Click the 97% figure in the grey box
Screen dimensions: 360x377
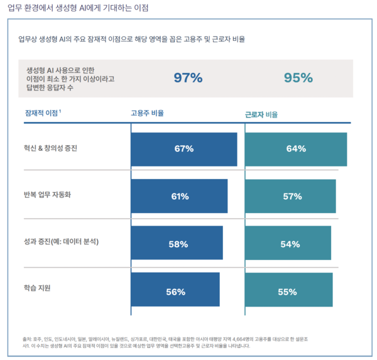[188, 78]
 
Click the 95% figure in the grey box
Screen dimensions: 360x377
[298, 78]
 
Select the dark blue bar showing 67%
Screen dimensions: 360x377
[183, 149]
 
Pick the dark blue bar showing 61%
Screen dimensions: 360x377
[179, 196]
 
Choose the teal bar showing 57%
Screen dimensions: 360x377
[290, 196]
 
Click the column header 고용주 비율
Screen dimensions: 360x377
[147, 114]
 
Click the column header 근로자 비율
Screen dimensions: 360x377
[261, 115]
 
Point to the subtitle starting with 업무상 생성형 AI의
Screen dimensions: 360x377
[131, 39]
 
